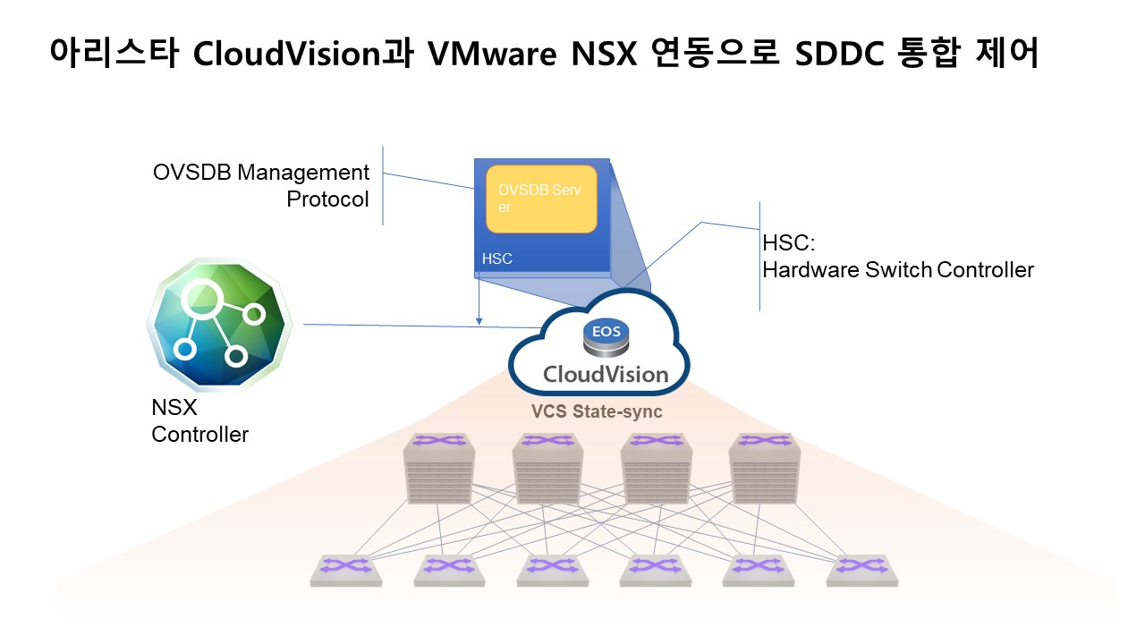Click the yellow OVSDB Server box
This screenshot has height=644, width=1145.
pos(541,199)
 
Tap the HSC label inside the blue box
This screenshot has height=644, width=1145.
pos(497,259)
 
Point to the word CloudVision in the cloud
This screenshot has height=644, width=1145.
pos(606,373)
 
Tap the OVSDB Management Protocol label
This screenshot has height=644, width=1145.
pos(260,185)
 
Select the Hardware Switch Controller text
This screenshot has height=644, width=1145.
pos(897,269)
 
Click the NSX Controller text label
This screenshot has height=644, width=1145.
pos(199,421)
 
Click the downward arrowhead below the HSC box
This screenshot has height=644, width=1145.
pos(479,319)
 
